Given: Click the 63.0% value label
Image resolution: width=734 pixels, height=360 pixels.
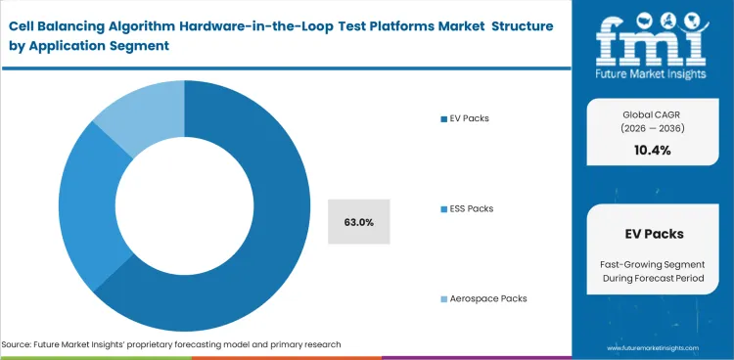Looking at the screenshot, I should (x=359, y=222).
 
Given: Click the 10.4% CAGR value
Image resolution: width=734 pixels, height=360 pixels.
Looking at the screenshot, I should (x=653, y=149).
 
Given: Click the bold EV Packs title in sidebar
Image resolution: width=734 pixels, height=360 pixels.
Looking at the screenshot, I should (x=653, y=234).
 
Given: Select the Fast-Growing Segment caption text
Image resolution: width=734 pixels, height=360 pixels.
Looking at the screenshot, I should (x=653, y=265).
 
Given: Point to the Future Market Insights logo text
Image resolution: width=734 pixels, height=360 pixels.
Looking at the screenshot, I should (x=653, y=73).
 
